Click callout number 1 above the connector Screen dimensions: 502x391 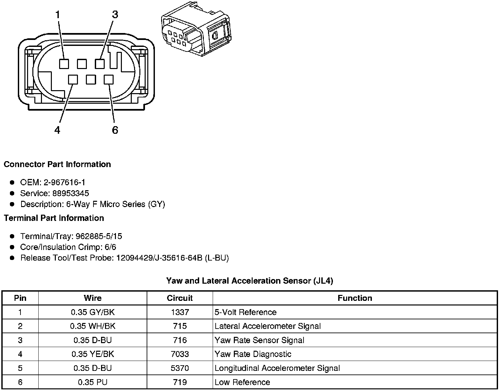[x=57, y=15]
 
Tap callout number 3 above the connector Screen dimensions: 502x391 [x=115, y=15]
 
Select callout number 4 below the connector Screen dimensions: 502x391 [x=57, y=130]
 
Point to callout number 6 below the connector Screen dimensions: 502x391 [x=115, y=130]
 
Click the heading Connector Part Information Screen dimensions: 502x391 [x=57, y=164]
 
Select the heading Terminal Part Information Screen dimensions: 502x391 [x=54, y=218]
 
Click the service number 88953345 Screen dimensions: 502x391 [x=71, y=193]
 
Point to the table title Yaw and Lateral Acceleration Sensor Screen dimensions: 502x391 [x=250, y=281]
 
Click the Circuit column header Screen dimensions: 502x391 [x=180, y=298]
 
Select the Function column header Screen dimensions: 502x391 [x=355, y=298]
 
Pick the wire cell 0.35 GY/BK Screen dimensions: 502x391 [x=93, y=312]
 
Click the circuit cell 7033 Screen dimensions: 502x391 [x=180, y=354]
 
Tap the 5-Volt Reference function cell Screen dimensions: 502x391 [x=246, y=312]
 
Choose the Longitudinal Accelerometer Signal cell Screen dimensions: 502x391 [x=277, y=368]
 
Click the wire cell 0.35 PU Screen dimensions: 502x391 [x=93, y=382]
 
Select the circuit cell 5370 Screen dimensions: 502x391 [x=180, y=368]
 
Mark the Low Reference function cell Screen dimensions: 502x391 [x=242, y=382]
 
